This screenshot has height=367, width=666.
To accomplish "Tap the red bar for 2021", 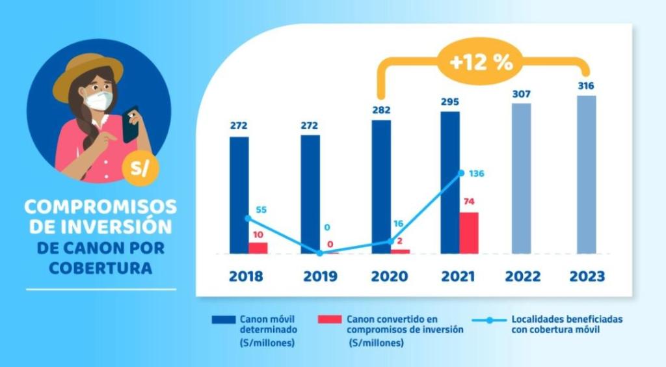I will click(468, 232).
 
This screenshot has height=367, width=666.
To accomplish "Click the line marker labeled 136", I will click(461, 173).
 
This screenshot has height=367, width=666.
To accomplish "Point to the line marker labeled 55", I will click(247, 219).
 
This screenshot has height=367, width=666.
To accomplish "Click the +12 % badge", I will click(481, 63).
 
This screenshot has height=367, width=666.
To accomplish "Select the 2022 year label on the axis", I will click(522, 276).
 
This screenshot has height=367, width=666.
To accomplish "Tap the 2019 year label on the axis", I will click(320, 276).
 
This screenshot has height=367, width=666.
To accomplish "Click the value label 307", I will click(521, 94).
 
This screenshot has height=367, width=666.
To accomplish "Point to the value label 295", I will click(449, 102).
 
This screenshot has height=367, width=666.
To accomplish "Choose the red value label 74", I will click(468, 202).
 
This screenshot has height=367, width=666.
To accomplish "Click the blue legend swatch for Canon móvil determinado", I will click(223, 320).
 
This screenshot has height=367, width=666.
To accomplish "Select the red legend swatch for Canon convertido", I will click(330, 320).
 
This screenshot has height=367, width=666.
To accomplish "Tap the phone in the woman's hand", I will click(130, 124).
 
